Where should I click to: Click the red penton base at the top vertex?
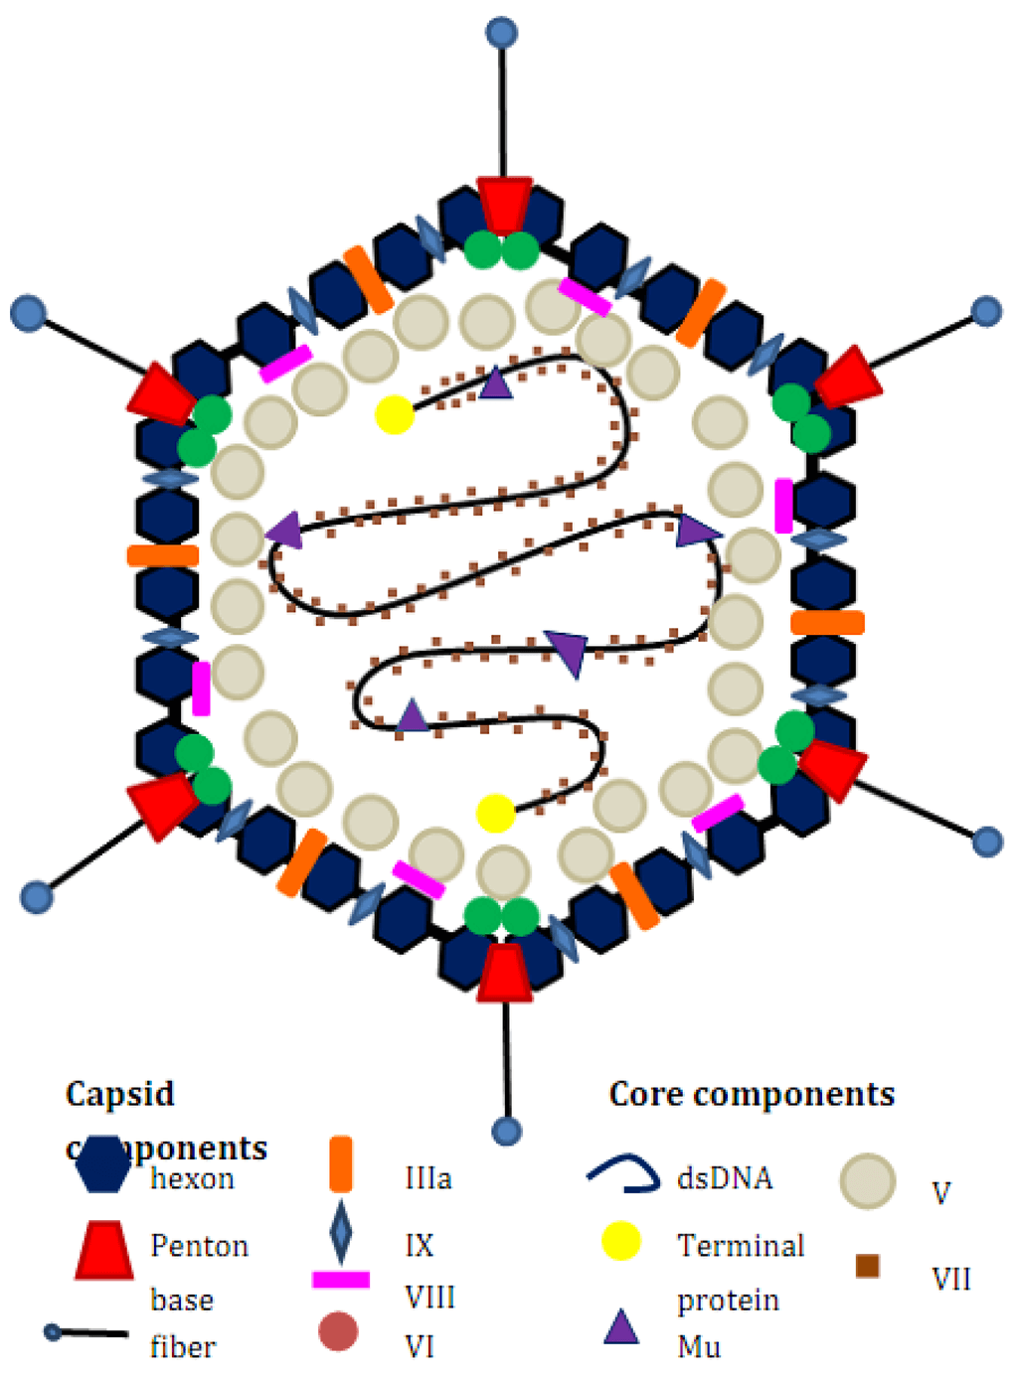(504, 204)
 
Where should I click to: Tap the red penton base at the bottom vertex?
(505, 973)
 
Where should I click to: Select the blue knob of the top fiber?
(502, 33)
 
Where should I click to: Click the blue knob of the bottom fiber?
(507, 1131)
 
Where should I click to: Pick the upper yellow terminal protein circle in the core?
(395, 414)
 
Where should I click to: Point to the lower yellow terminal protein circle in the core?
(495, 813)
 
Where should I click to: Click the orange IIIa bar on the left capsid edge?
(163, 555)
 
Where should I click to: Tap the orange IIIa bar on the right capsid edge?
(827, 623)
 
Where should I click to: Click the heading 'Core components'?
(752, 1094)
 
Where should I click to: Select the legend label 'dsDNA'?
(725, 1178)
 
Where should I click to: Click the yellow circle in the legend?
(621, 1242)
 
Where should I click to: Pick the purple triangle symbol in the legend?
(621, 1327)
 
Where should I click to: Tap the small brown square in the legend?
(867, 1266)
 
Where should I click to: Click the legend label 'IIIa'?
(428, 1178)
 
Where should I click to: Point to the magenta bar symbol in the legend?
(341, 1280)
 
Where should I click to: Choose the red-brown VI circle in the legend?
(338, 1332)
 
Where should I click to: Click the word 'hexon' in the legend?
(193, 1179)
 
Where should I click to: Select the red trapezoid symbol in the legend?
(104, 1250)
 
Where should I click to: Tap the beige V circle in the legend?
(868, 1181)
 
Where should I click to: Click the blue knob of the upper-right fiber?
(986, 311)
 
